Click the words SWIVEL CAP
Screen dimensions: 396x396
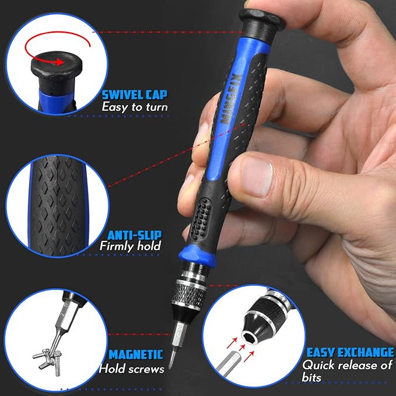[134, 94]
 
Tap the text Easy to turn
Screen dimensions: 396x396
[135, 107]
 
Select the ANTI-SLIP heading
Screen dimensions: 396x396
[134, 235]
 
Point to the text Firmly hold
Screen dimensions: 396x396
[130, 246]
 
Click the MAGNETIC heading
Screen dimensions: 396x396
[136, 355]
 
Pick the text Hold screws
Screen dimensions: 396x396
[132, 369]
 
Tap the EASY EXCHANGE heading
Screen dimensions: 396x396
[350, 352]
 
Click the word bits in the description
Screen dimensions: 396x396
[311, 377]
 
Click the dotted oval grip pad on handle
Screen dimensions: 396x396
[201, 219]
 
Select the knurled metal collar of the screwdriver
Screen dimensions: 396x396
[188, 294]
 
